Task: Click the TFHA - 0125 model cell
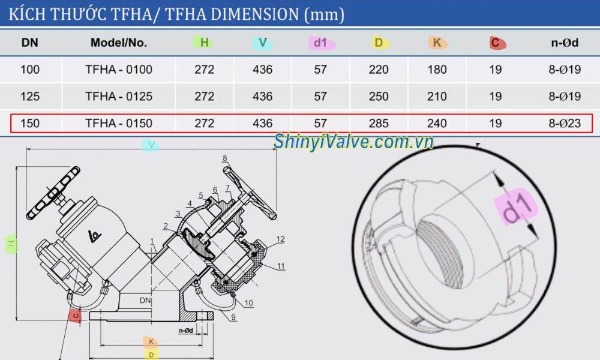point(119,96)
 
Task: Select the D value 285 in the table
point(379,124)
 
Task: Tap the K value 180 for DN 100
point(437,70)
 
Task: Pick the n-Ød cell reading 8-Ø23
point(565,124)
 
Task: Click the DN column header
point(30,43)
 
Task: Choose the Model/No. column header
point(119,43)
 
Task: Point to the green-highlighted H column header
point(204,42)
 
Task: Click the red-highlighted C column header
point(496,42)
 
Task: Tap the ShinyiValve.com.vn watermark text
point(353,142)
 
